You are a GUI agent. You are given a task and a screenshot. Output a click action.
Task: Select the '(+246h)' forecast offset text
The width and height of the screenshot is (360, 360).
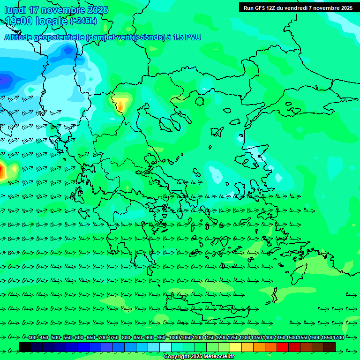point(83,21)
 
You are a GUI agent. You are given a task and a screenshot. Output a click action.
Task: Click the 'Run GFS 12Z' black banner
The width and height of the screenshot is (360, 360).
point(298,7)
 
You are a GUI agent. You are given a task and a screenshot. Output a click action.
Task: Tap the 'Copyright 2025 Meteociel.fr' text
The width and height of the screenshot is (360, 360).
point(199,357)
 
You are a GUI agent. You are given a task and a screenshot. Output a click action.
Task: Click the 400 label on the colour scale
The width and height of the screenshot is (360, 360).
point(32,338)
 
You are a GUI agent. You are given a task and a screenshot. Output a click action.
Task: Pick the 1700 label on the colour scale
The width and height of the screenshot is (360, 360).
point(338,338)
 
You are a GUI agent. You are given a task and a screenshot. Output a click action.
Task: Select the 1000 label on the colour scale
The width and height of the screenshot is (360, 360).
point(174,338)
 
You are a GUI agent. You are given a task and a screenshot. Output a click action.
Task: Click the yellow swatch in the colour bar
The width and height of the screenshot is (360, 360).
point(236,347)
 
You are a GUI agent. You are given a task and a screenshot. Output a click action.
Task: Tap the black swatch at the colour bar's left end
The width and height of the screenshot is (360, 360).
point(25,347)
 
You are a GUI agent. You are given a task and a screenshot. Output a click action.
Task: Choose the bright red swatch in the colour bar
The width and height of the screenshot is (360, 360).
point(283,347)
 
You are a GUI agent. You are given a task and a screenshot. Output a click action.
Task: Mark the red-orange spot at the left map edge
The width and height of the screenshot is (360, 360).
point(2,171)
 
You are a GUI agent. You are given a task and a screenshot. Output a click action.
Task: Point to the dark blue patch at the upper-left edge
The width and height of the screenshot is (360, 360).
point(5,81)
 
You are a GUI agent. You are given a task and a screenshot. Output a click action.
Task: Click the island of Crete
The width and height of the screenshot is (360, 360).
point(206,307)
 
